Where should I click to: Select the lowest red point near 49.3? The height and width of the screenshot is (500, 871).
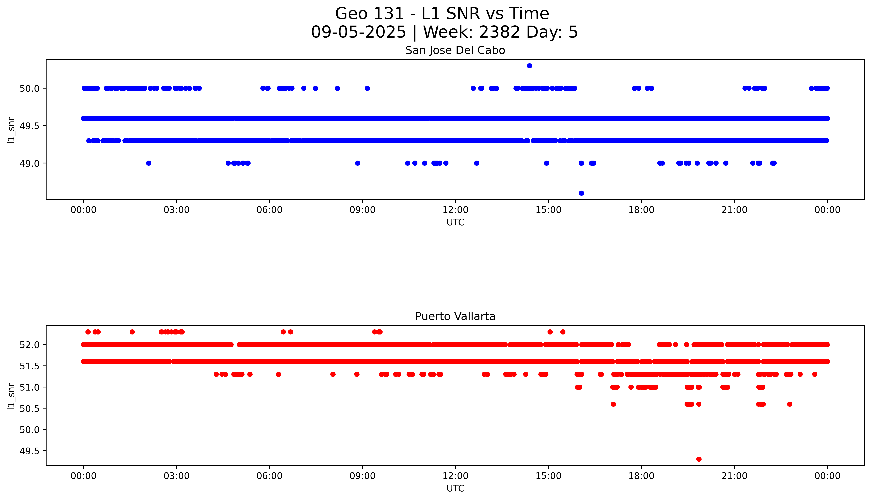coord(699,459)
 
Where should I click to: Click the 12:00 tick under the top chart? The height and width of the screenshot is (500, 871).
coord(455,210)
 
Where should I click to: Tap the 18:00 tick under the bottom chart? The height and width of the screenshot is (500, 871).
coord(641,476)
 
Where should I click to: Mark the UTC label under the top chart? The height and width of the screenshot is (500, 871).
coord(455,223)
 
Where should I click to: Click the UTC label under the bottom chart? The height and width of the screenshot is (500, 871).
coord(455,488)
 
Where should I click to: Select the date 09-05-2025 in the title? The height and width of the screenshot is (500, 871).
coord(358,32)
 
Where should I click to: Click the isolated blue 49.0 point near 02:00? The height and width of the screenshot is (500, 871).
coord(148,163)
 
